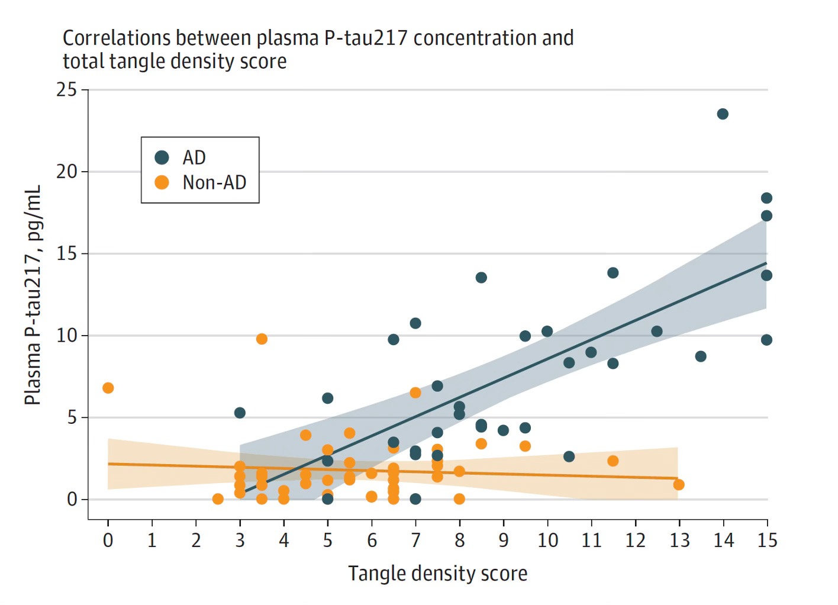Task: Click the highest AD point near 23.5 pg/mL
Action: pyautogui.click(x=723, y=114)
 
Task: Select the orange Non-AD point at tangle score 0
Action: pyautogui.click(x=108, y=388)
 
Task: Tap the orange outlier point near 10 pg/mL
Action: pyautogui.click(x=262, y=339)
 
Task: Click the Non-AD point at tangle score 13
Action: pyautogui.click(x=679, y=484)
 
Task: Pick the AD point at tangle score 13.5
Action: pyautogui.click(x=701, y=356)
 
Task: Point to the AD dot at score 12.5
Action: pyautogui.click(x=657, y=331)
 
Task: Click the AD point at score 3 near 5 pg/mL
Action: pyautogui.click(x=240, y=413)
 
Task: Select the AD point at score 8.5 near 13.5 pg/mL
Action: pyautogui.click(x=481, y=277)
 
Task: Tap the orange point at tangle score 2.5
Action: pyautogui.click(x=218, y=498)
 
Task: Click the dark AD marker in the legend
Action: pyautogui.click(x=162, y=157)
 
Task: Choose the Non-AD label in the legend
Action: pyautogui.click(x=214, y=182)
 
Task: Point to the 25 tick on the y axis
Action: pyautogui.click(x=67, y=90)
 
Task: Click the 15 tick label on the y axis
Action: pyautogui.click(x=67, y=254)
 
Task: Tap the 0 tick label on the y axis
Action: pyautogui.click(x=72, y=500)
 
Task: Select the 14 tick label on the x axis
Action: pyautogui.click(x=723, y=540)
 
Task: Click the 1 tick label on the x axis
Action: pyautogui.click(x=152, y=540)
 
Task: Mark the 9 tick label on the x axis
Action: pyautogui.click(x=504, y=540)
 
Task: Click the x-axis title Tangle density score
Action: pyautogui.click(x=437, y=573)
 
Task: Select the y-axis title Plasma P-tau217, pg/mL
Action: pyautogui.click(x=33, y=295)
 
